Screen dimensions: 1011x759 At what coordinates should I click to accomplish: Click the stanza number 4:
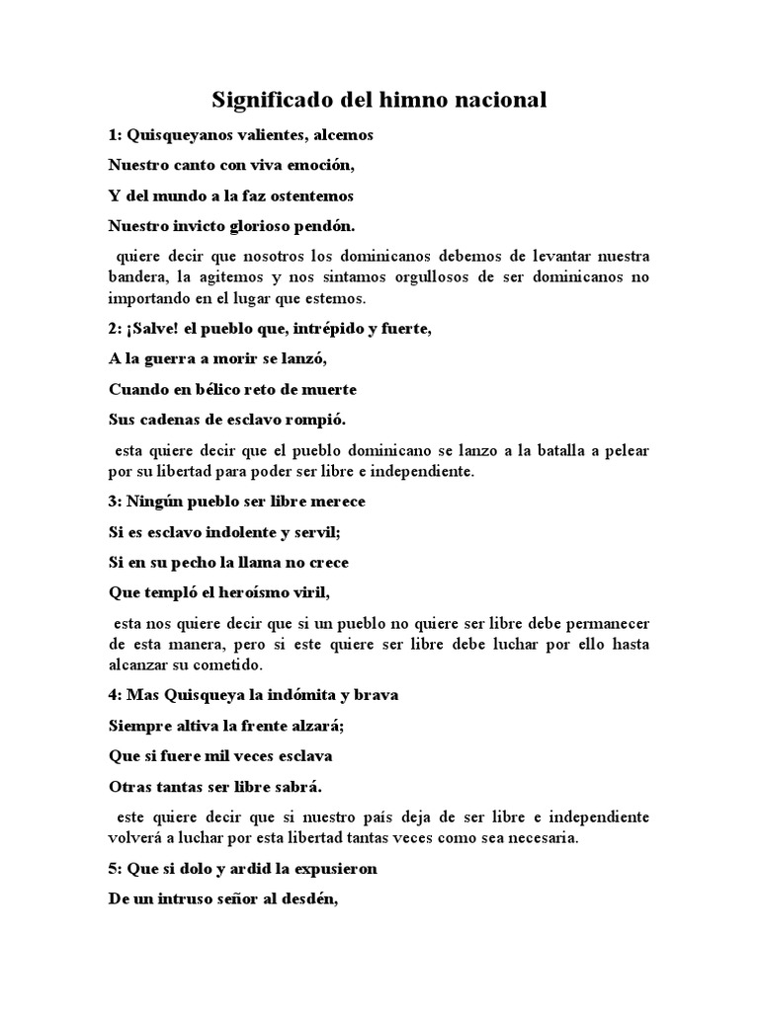[115, 695]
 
